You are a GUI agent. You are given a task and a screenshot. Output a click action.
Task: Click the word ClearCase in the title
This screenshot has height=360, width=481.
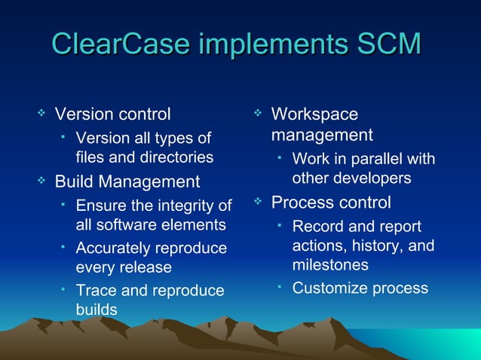point(121,44)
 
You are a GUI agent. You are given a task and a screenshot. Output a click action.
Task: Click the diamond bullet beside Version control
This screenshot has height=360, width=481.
point(42,113)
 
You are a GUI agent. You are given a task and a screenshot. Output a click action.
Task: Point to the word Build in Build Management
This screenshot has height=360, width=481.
point(75,182)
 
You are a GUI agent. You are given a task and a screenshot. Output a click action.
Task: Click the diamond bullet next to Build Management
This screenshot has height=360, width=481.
point(42,180)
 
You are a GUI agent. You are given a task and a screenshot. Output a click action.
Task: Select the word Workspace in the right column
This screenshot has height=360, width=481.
point(314,114)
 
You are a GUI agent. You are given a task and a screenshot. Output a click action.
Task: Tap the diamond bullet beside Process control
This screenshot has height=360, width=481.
point(258,201)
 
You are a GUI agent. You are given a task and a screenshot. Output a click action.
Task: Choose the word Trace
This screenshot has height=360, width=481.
point(96,291)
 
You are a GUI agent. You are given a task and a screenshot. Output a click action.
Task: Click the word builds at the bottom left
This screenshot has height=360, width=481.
point(97,310)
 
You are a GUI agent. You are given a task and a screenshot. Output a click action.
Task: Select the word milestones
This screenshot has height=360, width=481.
point(330,265)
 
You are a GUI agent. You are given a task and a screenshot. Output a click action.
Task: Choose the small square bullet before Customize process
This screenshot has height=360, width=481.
point(279,286)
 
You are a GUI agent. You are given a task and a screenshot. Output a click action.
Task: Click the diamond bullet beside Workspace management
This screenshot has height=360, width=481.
point(258,113)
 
